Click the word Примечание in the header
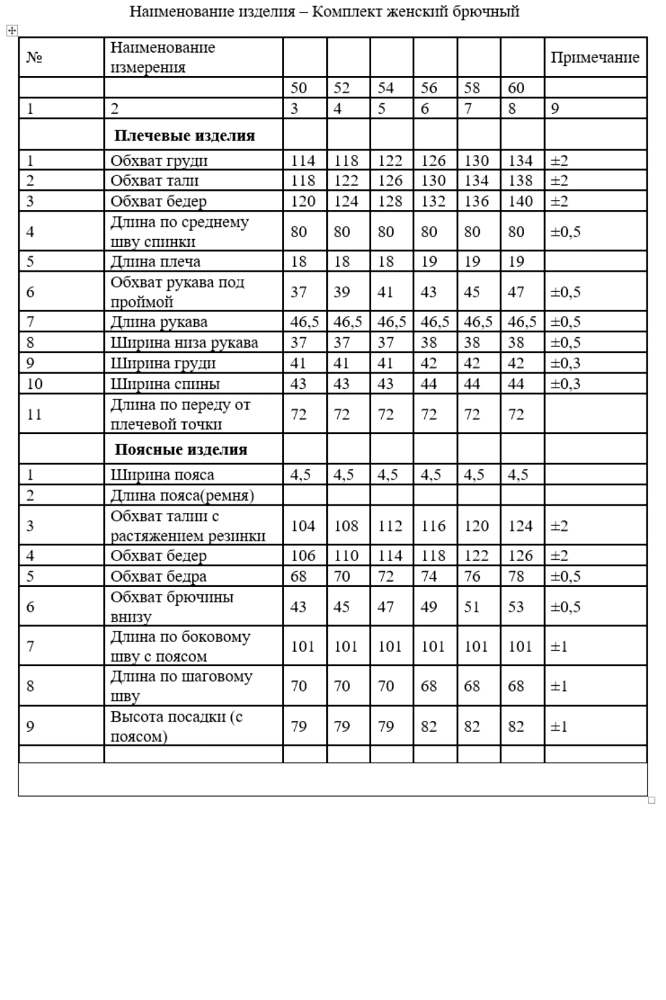click(595, 57)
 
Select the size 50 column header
click(298, 88)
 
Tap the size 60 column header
click(516, 88)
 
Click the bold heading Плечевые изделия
click(184, 135)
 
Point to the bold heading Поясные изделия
click(181, 449)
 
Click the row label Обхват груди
click(159, 160)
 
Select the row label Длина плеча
click(155, 261)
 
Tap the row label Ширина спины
click(165, 384)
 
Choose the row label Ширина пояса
click(162, 474)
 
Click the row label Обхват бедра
click(158, 576)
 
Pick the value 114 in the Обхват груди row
click(303, 160)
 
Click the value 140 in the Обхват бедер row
click(520, 201)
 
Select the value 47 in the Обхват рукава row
click(516, 292)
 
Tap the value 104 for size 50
click(303, 526)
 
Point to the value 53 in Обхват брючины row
click(516, 607)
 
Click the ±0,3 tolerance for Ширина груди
click(565, 363)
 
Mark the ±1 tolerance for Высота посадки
click(559, 726)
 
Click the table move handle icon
click(11, 31)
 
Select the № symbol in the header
click(34, 57)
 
